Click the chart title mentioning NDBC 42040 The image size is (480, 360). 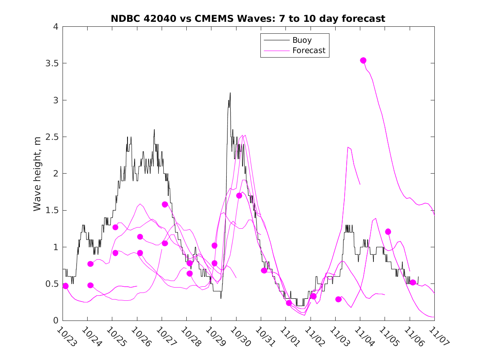[248, 19]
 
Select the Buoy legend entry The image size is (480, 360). [302, 40]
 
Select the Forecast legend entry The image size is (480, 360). [308, 51]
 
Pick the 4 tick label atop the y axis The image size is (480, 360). [55, 27]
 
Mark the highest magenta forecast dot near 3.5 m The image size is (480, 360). [363, 60]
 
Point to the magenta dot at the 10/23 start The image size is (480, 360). [65, 286]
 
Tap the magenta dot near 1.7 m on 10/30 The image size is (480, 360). [239, 195]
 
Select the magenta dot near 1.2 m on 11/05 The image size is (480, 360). [388, 232]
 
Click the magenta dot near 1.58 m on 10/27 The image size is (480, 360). [165, 204]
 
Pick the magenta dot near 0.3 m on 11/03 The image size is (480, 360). [339, 299]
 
